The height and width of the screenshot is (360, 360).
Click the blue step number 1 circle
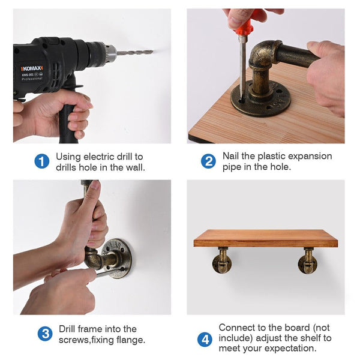tap(42, 161)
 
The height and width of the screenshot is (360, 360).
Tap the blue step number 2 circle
tap(208, 161)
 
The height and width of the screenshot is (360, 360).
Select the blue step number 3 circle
tap(45, 334)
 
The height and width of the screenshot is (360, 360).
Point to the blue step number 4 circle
tap(205, 340)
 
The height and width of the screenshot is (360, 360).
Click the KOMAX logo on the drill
tap(32, 68)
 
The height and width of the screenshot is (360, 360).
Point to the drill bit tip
tap(152, 52)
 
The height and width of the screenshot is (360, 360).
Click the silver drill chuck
tap(110, 53)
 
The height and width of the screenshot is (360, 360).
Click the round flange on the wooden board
tap(260, 99)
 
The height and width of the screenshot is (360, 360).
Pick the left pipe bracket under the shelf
tap(222, 260)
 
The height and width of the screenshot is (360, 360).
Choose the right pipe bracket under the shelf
tap(308, 260)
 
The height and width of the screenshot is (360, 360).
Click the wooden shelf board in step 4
tap(266, 238)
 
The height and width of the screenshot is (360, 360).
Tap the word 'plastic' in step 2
tap(271, 157)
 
